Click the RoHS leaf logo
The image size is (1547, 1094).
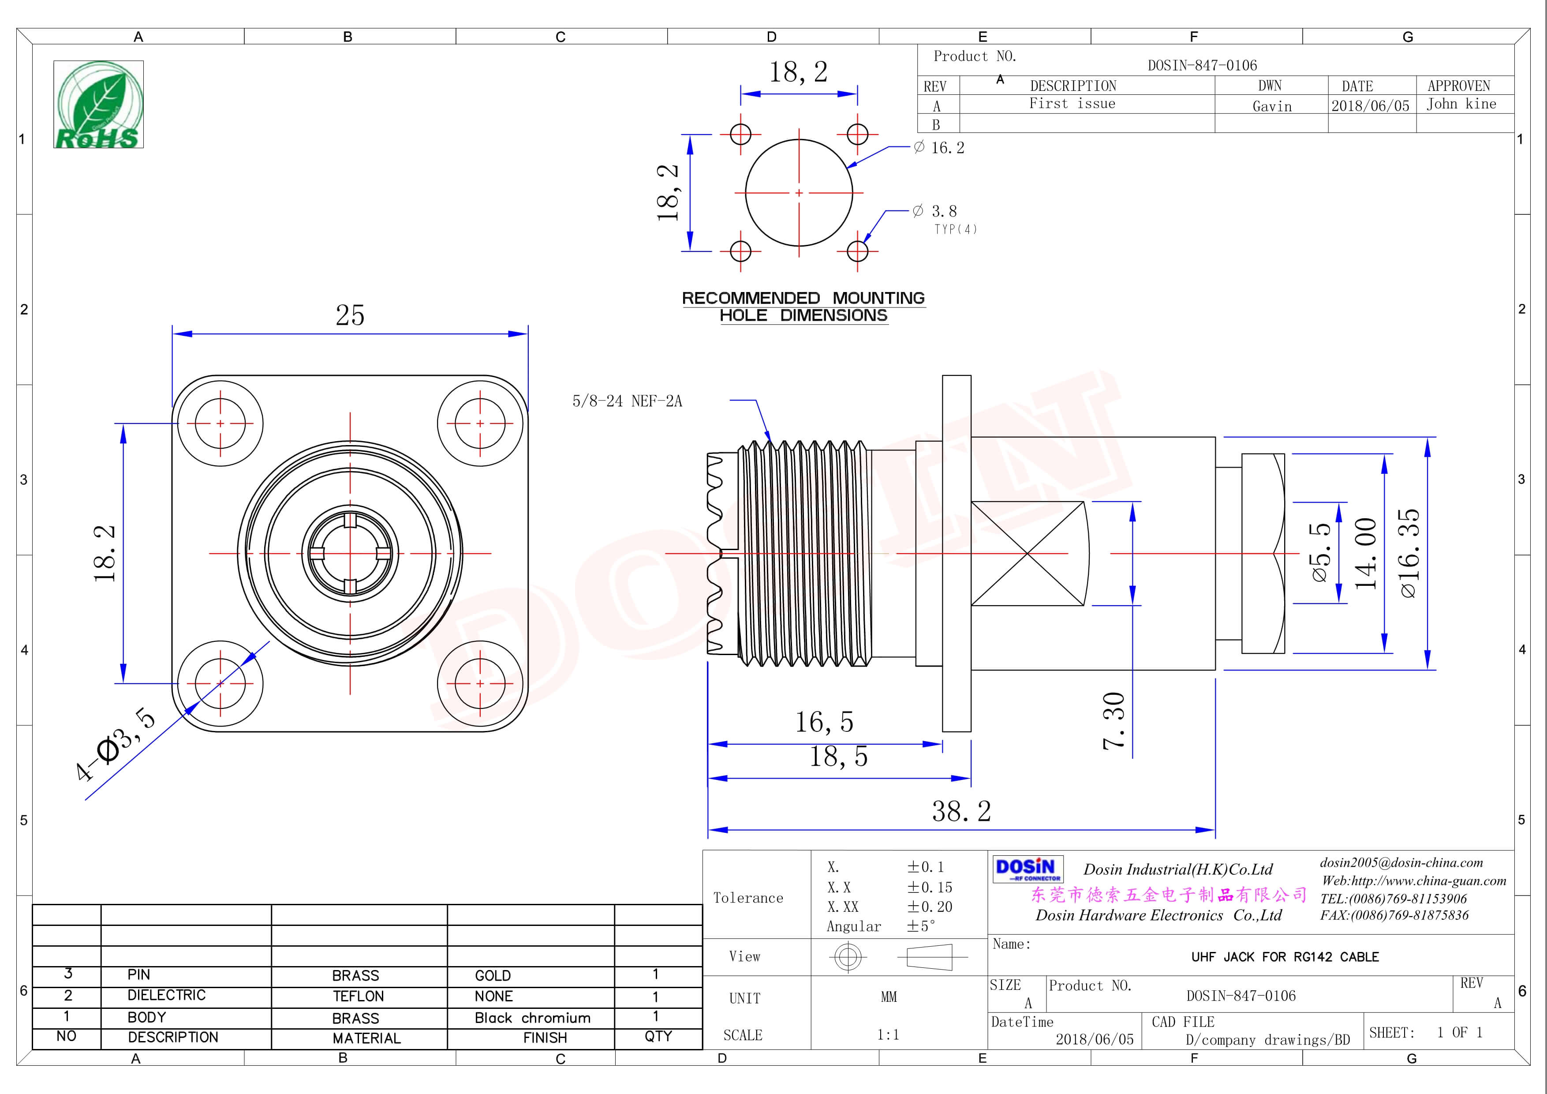click(x=98, y=105)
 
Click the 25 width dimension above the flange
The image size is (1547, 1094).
click(x=350, y=315)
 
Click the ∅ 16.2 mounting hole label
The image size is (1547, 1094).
click(x=939, y=148)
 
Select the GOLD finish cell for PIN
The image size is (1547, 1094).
click(x=493, y=975)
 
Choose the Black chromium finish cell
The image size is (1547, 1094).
click(x=532, y=1018)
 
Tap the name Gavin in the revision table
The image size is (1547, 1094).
click(x=1271, y=106)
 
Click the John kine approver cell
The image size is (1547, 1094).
click(x=1461, y=104)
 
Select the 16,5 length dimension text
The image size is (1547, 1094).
click(x=824, y=723)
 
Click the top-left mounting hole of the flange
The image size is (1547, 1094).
click(x=220, y=423)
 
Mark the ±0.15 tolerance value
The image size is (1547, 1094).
click(x=929, y=887)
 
